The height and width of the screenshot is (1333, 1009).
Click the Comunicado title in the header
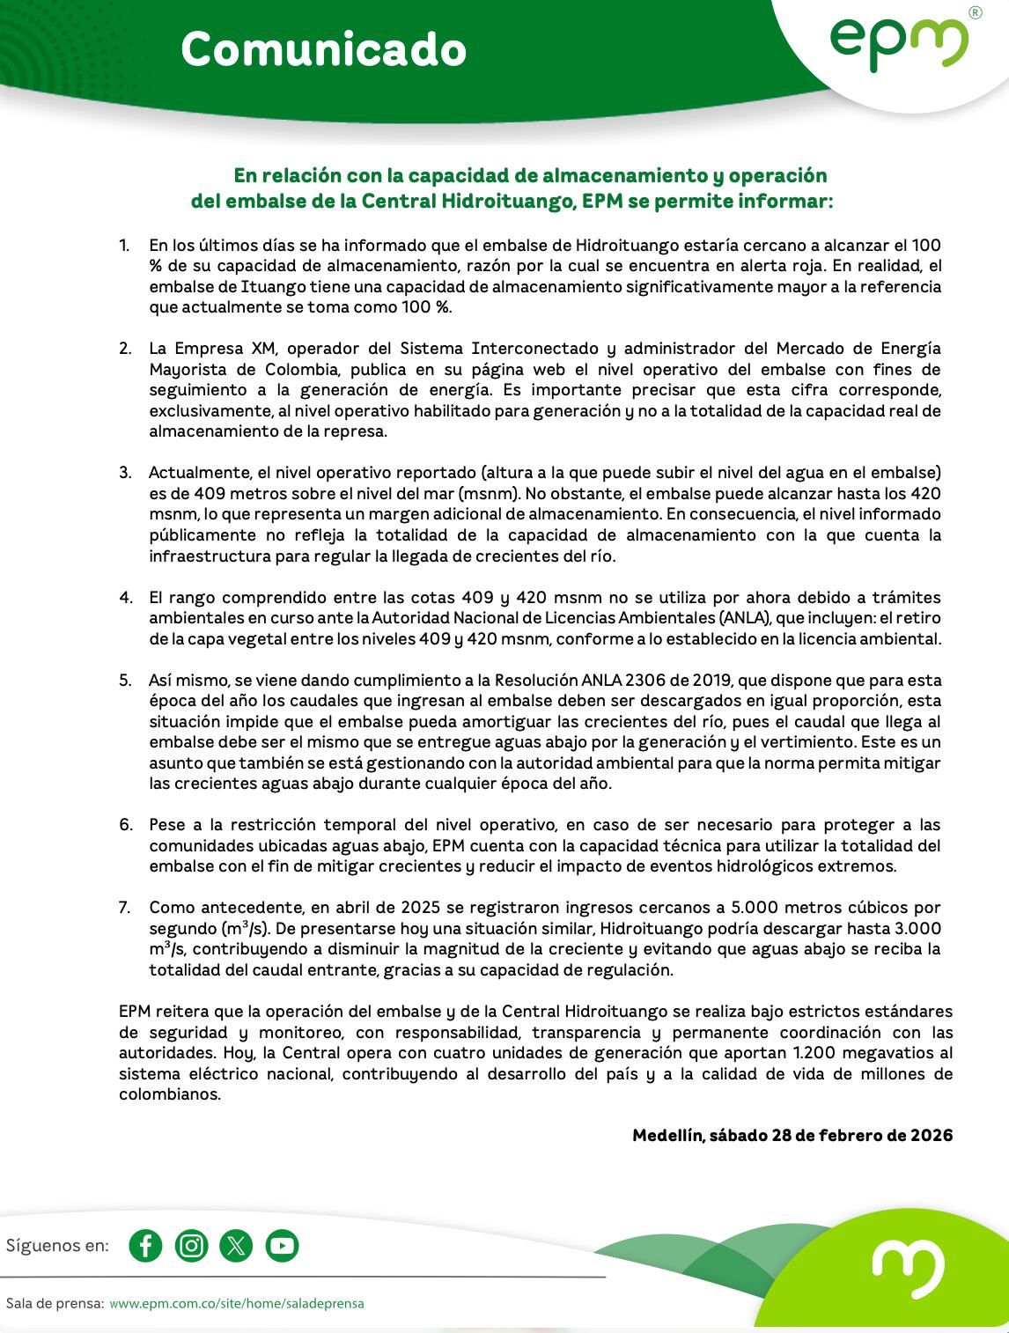pyautogui.click(x=323, y=49)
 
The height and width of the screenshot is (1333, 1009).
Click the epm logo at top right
pyautogui.click(x=898, y=44)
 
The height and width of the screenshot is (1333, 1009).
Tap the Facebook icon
pyautogui.click(x=145, y=1246)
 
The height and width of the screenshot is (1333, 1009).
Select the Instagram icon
pyautogui.click(x=191, y=1246)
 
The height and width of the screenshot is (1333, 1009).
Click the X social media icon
pyautogui.click(x=236, y=1246)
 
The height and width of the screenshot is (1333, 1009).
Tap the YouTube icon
pyautogui.click(x=282, y=1246)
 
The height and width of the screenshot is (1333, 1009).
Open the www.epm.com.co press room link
pyautogui.click(x=236, y=1303)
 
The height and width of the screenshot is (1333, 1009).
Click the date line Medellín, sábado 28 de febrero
pyautogui.click(x=792, y=1136)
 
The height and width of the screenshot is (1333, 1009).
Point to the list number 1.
pyautogui.click(x=124, y=246)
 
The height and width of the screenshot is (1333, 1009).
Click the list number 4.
pyautogui.click(x=125, y=598)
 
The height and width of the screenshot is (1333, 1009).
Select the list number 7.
pyautogui.click(x=125, y=908)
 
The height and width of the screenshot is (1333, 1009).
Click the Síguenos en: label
pyautogui.click(x=58, y=1246)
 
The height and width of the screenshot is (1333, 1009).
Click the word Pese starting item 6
pyautogui.click(x=166, y=825)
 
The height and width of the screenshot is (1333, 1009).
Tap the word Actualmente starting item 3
pyautogui.click(x=198, y=473)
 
